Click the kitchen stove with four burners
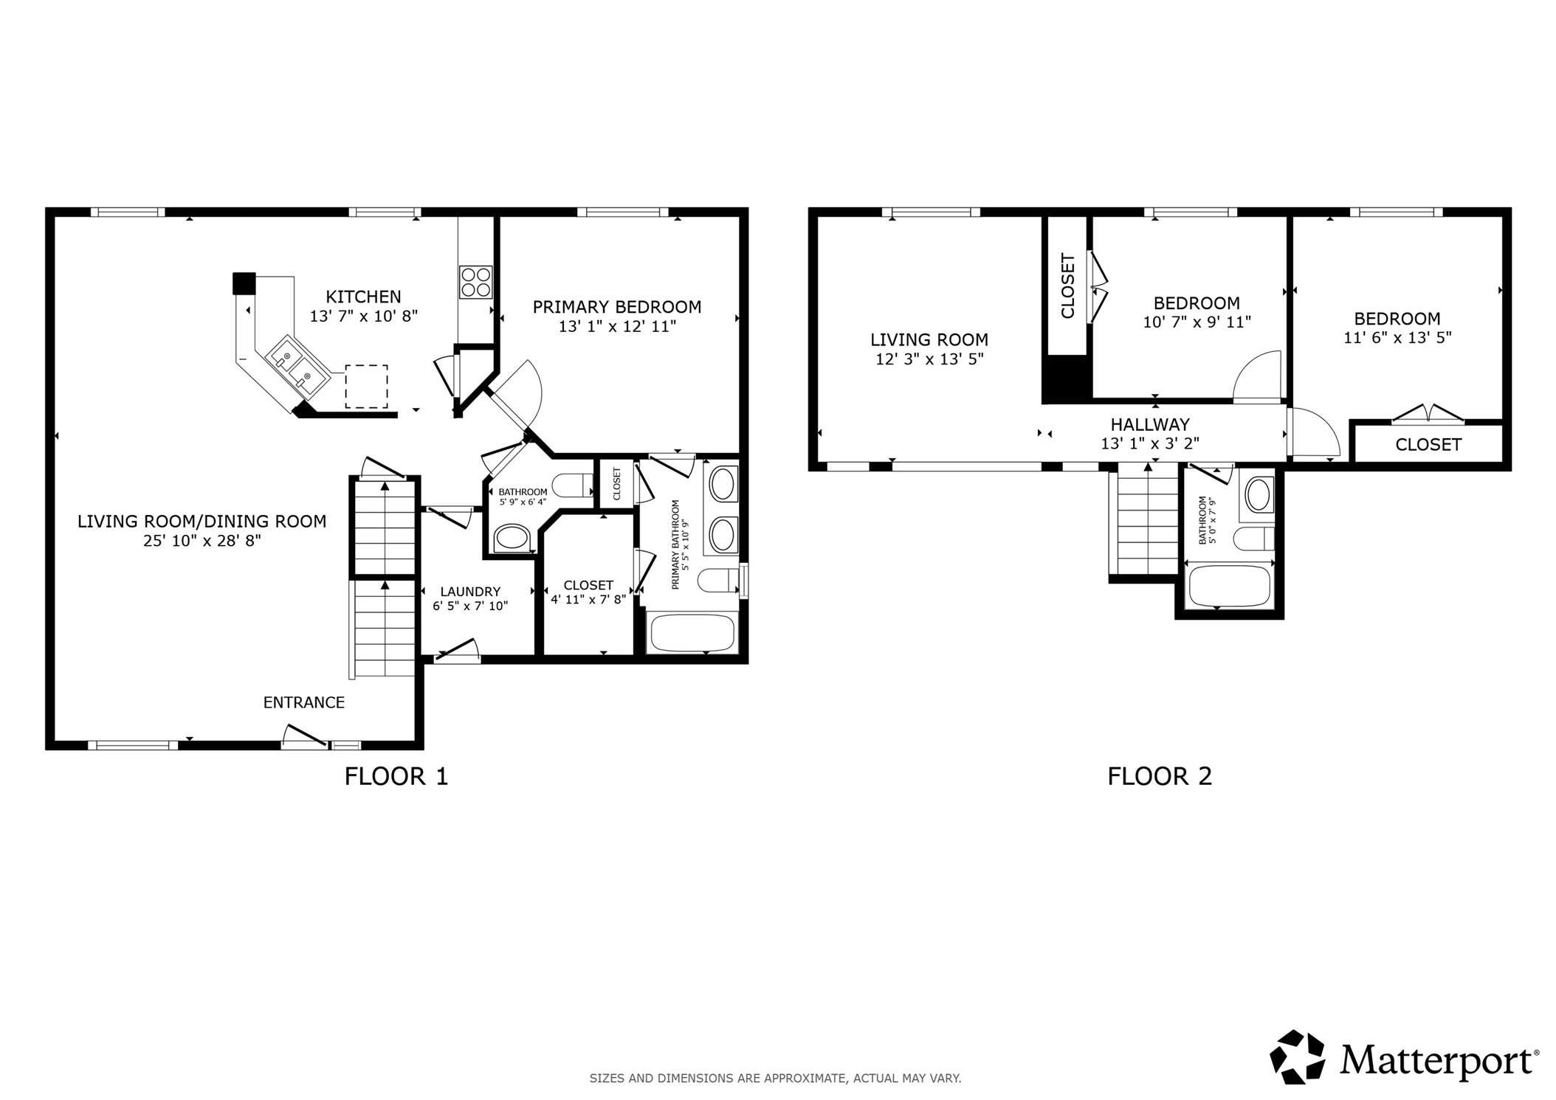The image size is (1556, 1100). pyautogui.click(x=475, y=282)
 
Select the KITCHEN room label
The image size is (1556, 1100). pyautogui.click(x=363, y=297)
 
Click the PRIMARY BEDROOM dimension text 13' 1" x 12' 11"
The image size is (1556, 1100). pyautogui.click(x=617, y=326)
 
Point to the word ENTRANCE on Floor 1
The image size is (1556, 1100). pyautogui.click(x=304, y=702)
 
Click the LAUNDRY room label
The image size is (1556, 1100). pyautogui.click(x=470, y=591)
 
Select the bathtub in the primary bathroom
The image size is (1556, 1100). pyautogui.click(x=692, y=633)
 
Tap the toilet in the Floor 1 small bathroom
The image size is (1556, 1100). pyautogui.click(x=572, y=485)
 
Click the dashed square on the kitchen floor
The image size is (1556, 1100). pyautogui.click(x=367, y=386)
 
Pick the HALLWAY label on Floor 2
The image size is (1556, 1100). pyautogui.click(x=1150, y=424)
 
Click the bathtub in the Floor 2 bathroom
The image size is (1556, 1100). pyautogui.click(x=1229, y=586)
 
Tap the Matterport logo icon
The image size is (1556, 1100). pyautogui.click(x=1296, y=1056)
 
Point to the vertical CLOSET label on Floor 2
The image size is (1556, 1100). pyautogui.click(x=1067, y=286)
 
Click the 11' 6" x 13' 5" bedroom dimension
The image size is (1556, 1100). pyautogui.click(x=1397, y=337)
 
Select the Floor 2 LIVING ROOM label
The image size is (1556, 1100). pyautogui.click(x=929, y=339)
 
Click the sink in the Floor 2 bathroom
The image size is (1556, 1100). pyautogui.click(x=1259, y=494)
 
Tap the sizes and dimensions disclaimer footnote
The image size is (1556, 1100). pyautogui.click(x=775, y=1078)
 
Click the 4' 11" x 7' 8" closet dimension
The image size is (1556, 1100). pyautogui.click(x=588, y=599)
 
